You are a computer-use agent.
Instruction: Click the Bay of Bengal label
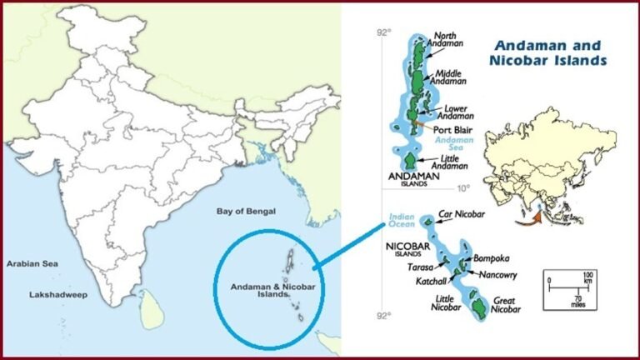(x=247, y=212)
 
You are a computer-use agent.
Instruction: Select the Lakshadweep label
(x=56, y=294)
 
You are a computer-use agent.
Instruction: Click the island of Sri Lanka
(x=149, y=303)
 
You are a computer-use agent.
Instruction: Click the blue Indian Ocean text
(x=402, y=222)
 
